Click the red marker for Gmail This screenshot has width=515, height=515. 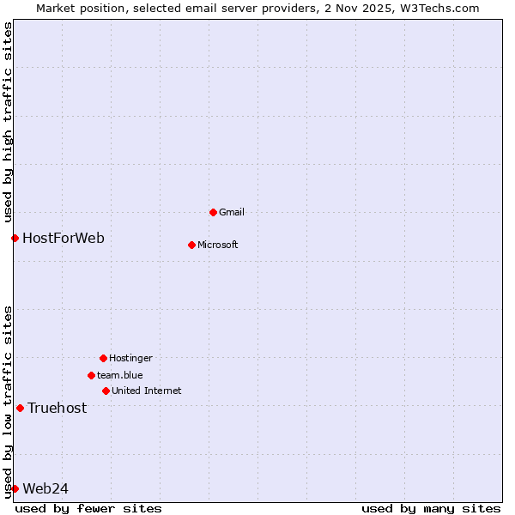pyautogui.click(x=213, y=212)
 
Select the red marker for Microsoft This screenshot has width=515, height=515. pyautogui.click(x=191, y=245)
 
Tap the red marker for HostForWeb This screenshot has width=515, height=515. pyautogui.click(x=15, y=238)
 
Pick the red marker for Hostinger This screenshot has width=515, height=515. pyautogui.click(x=103, y=358)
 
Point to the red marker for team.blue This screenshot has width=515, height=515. pyautogui.click(x=91, y=375)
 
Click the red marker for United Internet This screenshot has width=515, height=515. pyautogui.click(x=106, y=391)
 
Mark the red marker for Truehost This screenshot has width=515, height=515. pyautogui.click(x=20, y=408)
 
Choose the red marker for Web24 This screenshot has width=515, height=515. pyautogui.click(x=15, y=488)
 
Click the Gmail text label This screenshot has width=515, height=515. pyautogui.click(x=232, y=212)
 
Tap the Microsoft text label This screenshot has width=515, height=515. pyautogui.click(x=218, y=245)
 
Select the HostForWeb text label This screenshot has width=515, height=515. pyautogui.click(x=64, y=238)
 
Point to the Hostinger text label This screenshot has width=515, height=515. pyautogui.click(x=130, y=358)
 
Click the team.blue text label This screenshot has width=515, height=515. pyautogui.click(x=120, y=375)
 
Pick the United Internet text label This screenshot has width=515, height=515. pyautogui.click(x=147, y=391)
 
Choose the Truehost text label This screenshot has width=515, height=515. pyautogui.click(x=58, y=408)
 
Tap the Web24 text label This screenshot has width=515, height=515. pyautogui.click(x=45, y=488)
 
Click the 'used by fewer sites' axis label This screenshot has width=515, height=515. pyautogui.click(x=88, y=508)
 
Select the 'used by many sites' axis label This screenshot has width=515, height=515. pyautogui.click(x=431, y=508)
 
